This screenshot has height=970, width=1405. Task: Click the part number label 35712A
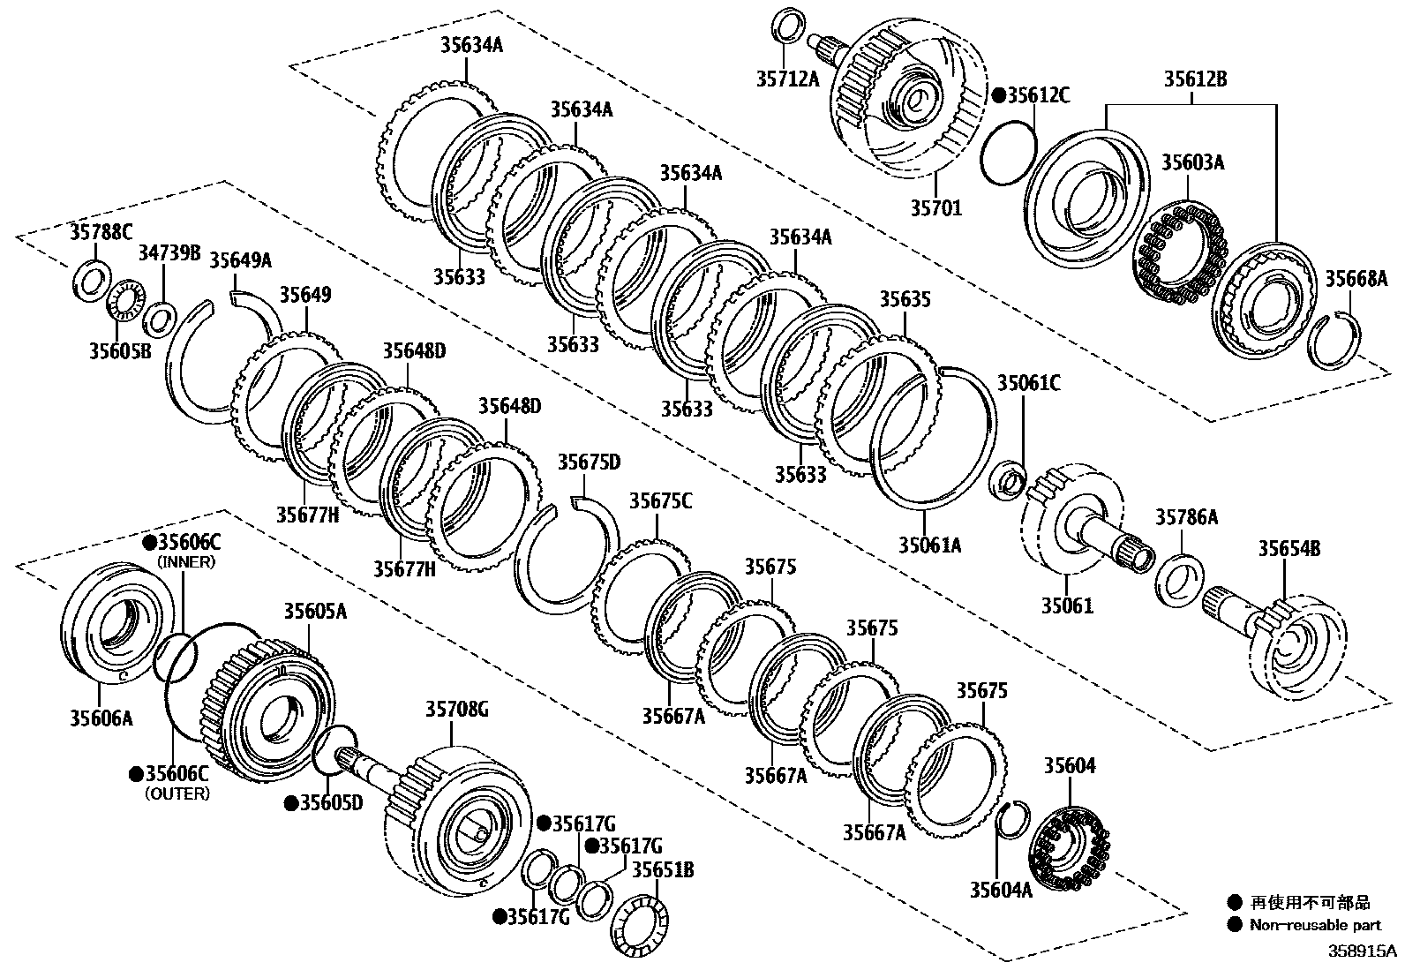[788, 79]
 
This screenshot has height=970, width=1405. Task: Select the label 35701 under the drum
[936, 208]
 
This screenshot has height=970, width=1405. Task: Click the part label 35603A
[1192, 162]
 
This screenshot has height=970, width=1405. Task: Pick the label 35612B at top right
[1194, 79]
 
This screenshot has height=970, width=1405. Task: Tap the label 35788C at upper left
[100, 232]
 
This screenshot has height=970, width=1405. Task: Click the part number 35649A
[240, 259]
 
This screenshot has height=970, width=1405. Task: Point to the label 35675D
[589, 462]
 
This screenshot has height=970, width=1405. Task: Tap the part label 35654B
[1289, 549]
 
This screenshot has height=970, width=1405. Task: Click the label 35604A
[1000, 889]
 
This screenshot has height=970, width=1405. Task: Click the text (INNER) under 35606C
[185, 561]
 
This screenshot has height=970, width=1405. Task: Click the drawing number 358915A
[1364, 952]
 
